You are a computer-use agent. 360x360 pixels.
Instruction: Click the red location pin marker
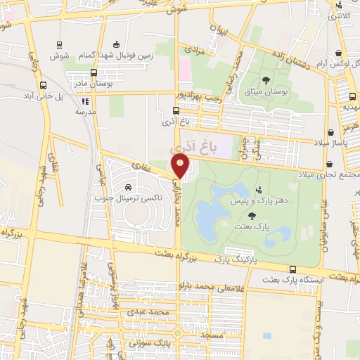click(181, 166)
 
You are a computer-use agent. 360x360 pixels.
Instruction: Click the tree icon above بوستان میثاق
click(266, 79)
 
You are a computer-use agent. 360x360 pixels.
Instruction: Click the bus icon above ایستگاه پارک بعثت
click(292, 269)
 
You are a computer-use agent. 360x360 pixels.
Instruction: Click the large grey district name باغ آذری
click(191, 148)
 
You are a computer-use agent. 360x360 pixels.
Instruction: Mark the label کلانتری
click(341, 15)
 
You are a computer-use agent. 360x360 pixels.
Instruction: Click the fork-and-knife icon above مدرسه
click(86, 101)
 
